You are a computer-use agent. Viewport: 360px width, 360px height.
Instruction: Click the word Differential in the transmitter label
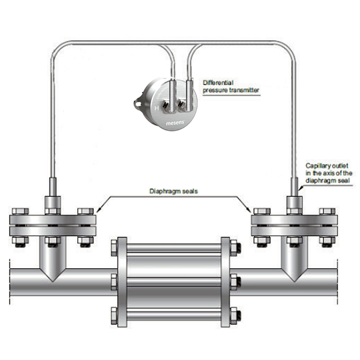pos(218,83)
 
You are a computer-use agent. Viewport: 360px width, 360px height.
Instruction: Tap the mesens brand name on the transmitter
pos(175,123)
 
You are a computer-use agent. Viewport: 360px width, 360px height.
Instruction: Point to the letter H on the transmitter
pos(157,108)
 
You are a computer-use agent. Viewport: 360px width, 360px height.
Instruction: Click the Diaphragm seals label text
pos(173,191)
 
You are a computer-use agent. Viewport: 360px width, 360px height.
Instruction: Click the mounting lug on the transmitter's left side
pos(137,103)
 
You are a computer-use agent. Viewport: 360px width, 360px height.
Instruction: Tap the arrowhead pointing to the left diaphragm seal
pos(98,210)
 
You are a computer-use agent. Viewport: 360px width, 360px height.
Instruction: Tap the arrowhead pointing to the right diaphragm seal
pos(249,210)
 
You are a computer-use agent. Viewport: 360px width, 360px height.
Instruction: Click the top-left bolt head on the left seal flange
pos(20,211)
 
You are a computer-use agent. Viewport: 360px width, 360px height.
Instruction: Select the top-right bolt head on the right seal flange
pos(327,211)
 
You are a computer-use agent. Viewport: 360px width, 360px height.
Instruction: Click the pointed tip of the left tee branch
pos(53,281)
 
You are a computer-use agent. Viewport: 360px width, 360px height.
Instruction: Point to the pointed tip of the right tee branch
pos(295,281)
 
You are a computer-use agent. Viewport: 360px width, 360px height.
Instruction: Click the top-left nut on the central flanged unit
pos(114,248)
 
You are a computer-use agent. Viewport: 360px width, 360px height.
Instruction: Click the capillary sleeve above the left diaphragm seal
pos(53,187)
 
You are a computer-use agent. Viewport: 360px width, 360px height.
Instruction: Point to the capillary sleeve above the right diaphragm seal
pos(295,187)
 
